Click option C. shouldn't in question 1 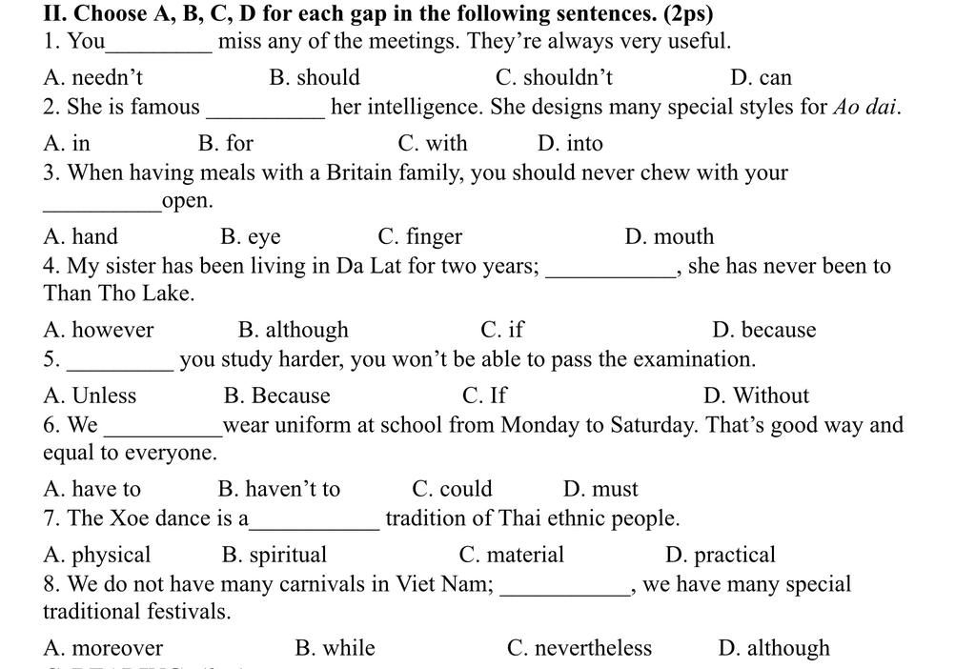pos(554,77)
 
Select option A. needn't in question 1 pos(93,77)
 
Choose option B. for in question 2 pos(226,143)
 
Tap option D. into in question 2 pos(570,143)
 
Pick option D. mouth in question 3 pos(669,236)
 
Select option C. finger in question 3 pos(419,236)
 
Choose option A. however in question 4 pos(98,330)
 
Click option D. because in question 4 pos(763,330)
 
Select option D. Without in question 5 pos(756,395)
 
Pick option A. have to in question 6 pos(91,489)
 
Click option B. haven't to pos(278,489)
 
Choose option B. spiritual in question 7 pos(274,555)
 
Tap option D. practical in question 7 pos(721,555)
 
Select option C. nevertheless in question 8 pos(579,648)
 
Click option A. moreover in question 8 pos(103,648)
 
